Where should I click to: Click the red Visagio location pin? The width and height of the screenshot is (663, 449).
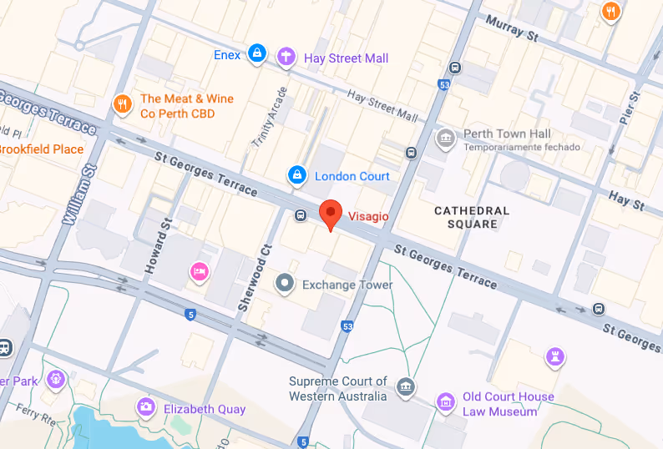[x=331, y=214]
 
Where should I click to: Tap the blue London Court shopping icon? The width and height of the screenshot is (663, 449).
[x=296, y=175]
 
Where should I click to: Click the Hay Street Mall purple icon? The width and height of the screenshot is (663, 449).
[x=287, y=57]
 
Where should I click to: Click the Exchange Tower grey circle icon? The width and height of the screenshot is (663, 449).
[x=286, y=284]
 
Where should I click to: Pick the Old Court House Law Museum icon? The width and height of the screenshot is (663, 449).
[x=447, y=403]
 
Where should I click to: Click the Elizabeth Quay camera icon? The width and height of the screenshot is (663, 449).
[x=147, y=407]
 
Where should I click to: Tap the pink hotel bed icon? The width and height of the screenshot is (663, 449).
[x=199, y=271]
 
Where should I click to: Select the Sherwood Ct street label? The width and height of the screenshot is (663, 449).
[x=245, y=279]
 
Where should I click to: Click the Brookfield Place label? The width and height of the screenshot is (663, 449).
[x=41, y=149]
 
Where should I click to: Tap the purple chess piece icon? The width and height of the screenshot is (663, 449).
[x=554, y=356]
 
